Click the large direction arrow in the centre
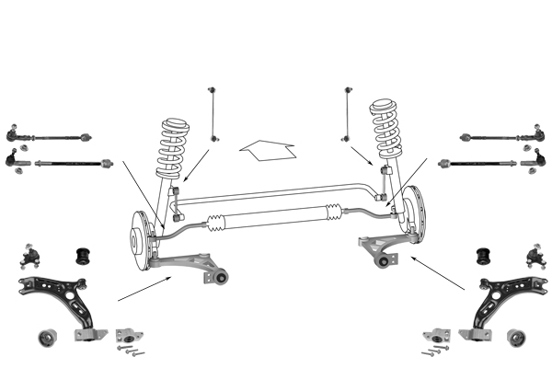pyautogui.click(x=266, y=150)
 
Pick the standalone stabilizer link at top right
pyautogui.click(x=348, y=114)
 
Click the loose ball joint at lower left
pyautogui.click(x=29, y=251)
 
